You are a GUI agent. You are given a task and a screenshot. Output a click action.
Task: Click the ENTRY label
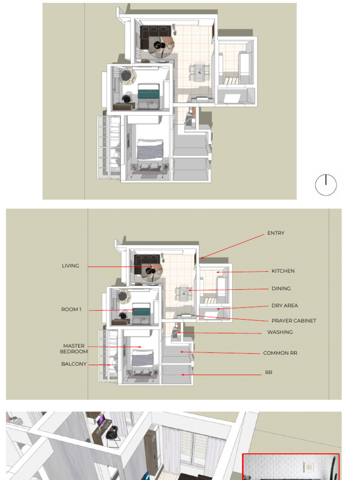tap(276, 233)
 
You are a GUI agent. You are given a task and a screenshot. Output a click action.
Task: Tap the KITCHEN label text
tap(283, 271)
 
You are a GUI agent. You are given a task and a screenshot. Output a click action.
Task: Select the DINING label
tap(281, 288)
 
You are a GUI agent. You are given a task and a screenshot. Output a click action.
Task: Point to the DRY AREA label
tap(285, 306)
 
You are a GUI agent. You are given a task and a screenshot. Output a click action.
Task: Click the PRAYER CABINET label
tap(293, 321)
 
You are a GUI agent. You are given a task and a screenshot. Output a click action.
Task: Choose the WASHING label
tap(280, 332)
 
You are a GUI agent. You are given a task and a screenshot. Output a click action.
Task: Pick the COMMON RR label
tap(280, 353)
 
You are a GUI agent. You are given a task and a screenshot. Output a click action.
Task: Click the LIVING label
tap(70, 266)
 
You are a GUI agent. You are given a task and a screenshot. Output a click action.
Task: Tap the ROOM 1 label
tap(71, 309)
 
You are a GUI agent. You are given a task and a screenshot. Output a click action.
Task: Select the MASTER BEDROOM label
tap(74, 349)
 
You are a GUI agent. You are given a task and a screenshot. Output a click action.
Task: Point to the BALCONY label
tap(74, 364)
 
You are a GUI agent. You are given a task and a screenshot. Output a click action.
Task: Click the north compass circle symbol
tap(326, 185)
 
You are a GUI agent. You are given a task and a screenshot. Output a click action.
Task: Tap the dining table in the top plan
tap(199, 72)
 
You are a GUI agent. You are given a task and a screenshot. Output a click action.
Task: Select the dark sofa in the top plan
tap(155, 36)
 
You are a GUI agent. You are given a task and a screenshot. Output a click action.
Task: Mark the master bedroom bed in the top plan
tap(150, 150)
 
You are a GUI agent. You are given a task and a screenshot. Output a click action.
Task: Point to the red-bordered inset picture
tap(291, 466)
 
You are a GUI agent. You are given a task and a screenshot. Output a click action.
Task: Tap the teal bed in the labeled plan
tap(142, 309)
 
